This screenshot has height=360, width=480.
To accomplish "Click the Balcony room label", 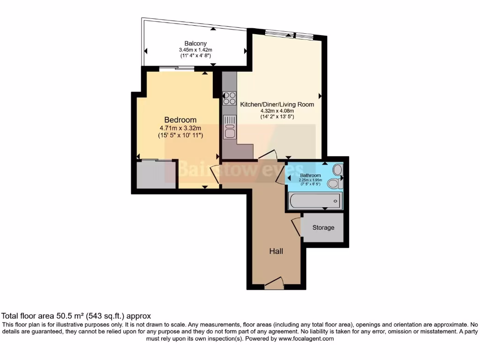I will click(195, 44).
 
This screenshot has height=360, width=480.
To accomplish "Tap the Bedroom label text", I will click(180, 120).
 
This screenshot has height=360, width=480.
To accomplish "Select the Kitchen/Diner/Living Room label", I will click(277, 105).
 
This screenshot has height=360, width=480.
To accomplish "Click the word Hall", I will click(276, 251).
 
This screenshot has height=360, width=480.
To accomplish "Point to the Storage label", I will click(323, 228).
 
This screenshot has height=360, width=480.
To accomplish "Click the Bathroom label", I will click(310, 176).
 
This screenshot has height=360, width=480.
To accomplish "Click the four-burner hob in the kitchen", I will click(230, 98).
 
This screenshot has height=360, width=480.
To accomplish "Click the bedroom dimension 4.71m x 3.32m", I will click(180, 128).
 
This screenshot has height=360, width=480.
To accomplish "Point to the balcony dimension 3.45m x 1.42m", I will click(195, 50).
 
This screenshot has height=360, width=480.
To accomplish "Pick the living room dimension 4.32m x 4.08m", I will click(277, 111).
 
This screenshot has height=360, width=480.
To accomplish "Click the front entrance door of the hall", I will click(274, 283).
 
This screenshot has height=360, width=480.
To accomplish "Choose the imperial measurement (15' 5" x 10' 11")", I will click(180, 135).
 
